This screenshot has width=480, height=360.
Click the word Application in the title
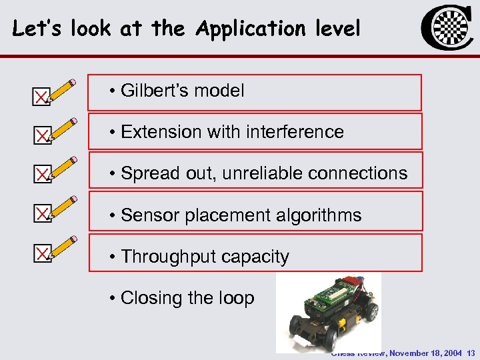pos(246,29)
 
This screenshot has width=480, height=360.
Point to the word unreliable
pos(264,173)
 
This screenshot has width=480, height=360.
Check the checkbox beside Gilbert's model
pos(41,98)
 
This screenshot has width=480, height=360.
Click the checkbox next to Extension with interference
pos(41,137)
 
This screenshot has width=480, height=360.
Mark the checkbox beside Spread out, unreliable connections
pos(41,175)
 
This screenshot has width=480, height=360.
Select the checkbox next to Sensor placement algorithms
pos(41,213)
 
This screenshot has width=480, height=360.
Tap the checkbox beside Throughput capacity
pos(41,253)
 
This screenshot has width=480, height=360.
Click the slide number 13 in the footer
pos(471,353)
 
